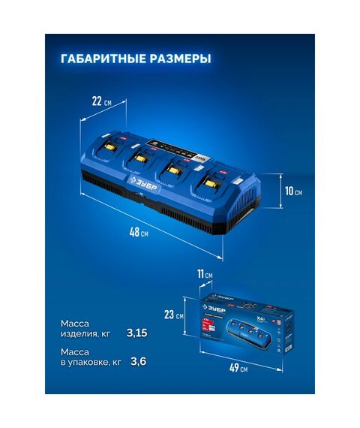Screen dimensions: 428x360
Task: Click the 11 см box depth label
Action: pos(203,275)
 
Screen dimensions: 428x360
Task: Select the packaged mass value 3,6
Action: pos(138,362)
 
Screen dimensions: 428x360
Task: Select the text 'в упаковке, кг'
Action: pos(90,363)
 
